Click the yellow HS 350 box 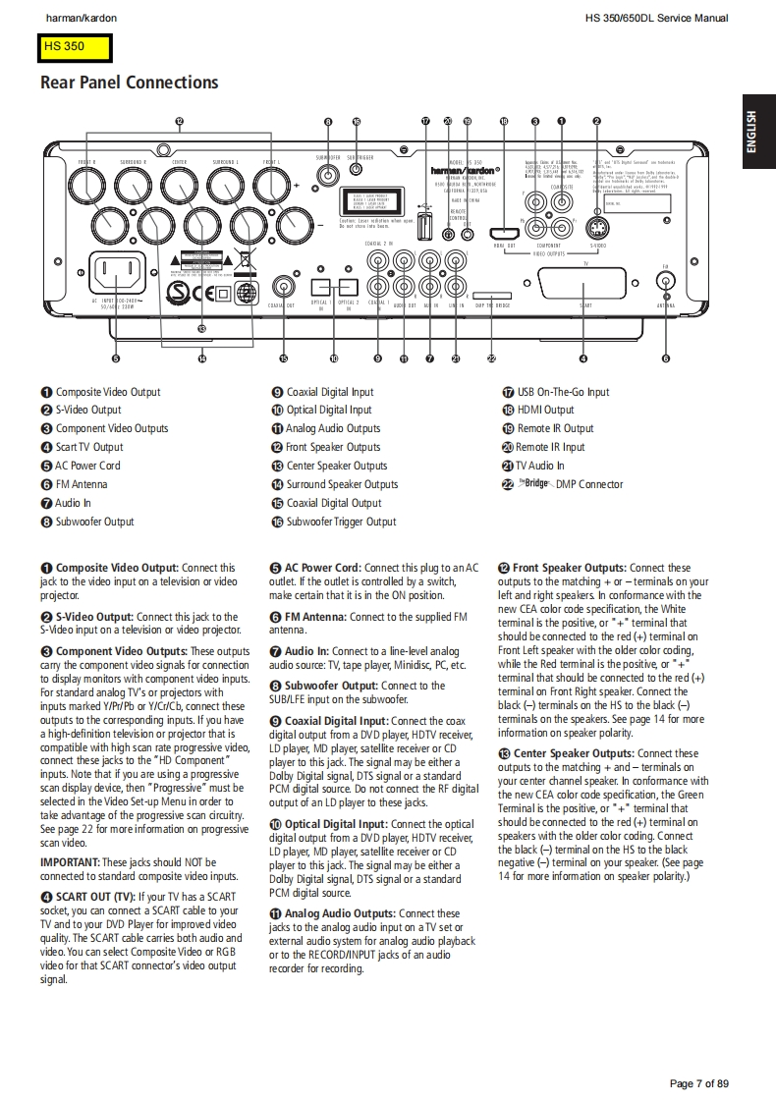[77, 46]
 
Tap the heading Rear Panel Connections [129, 83]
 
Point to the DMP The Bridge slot [491, 294]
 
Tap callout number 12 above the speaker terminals [179, 122]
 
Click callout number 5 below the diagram [116, 358]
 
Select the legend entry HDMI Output [537, 410]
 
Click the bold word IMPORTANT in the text [70, 861]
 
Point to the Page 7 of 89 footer [699, 1083]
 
